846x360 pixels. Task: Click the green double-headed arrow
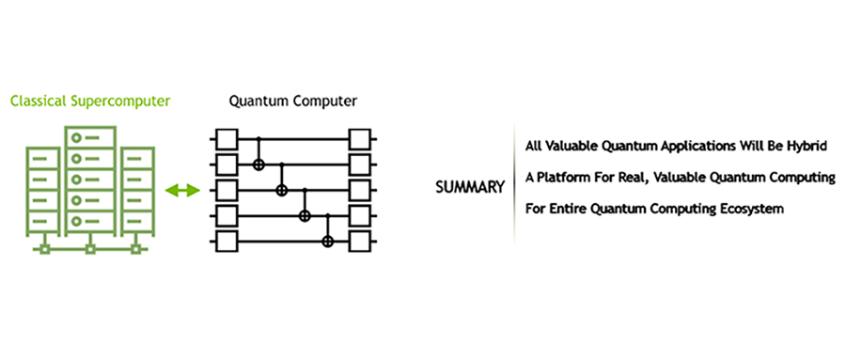(x=182, y=190)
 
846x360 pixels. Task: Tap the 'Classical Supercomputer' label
(x=90, y=101)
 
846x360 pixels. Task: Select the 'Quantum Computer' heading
(x=293, y=101)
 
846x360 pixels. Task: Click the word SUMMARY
(x=470, y=187)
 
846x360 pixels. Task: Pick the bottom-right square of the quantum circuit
(x=359, y=241)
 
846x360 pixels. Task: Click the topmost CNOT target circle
(x=258, y=164)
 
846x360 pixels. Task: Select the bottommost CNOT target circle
(x=327, y=242)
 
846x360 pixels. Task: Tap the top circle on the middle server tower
(x=77, y=138)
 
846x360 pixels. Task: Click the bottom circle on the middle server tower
(x=77, y=221)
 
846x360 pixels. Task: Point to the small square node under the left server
(x=45, y=249)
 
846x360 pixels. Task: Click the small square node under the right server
(x=136, y=249)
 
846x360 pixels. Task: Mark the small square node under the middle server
(x=90, y=249)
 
